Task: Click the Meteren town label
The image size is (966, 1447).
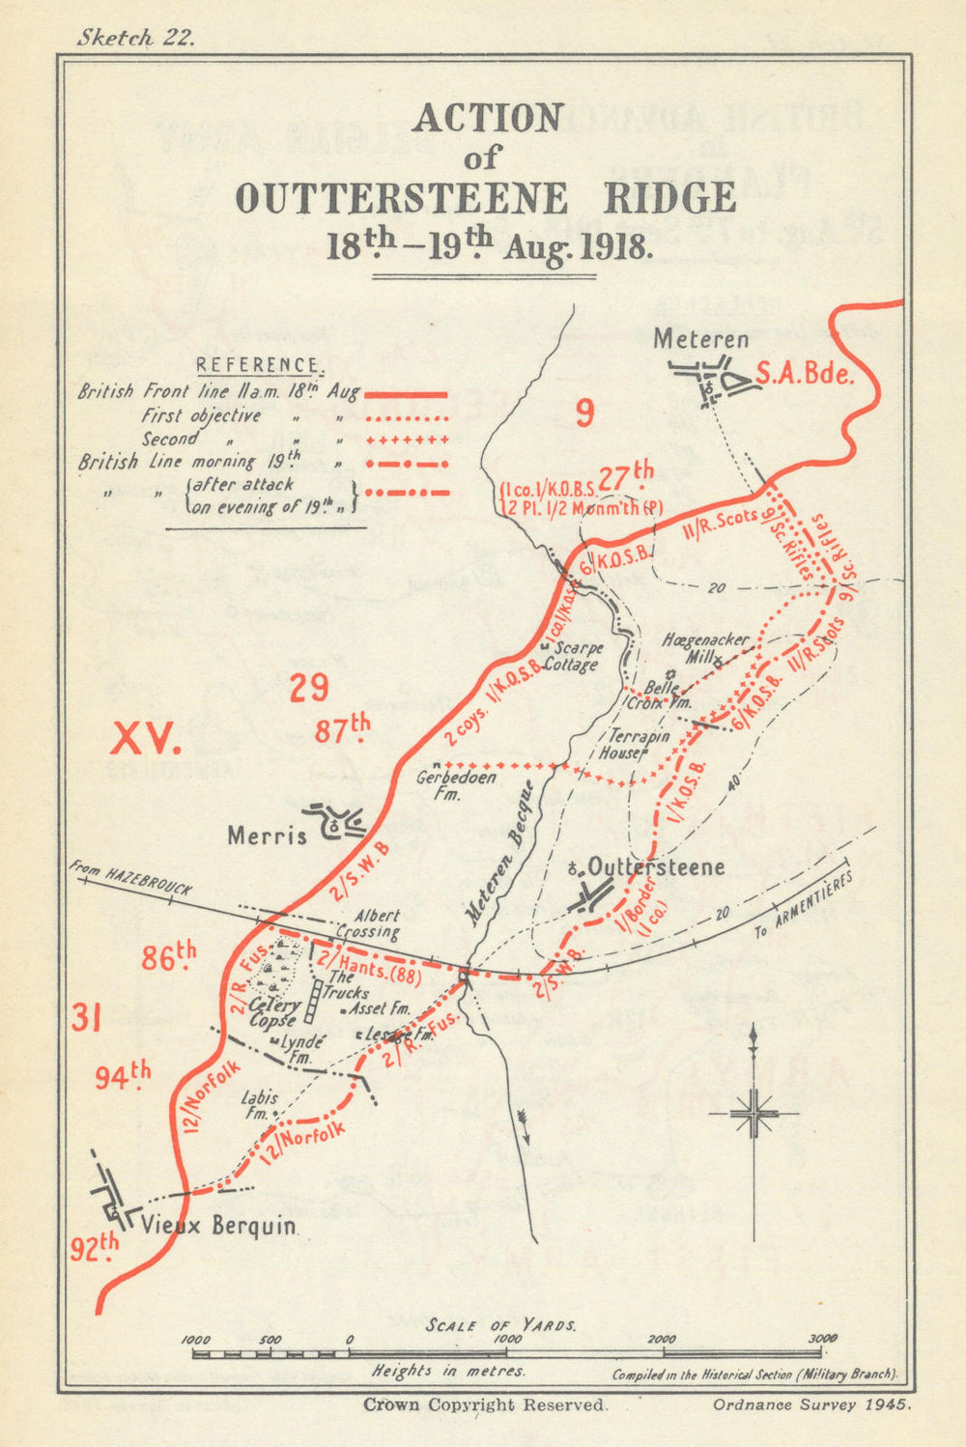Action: pos(701,339)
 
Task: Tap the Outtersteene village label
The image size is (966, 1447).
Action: pos(656,866)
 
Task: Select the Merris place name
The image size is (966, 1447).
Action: pos(267,835)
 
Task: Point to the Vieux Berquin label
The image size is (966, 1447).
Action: pos(218,1226)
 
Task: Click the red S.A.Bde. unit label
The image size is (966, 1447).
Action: pos(805,374)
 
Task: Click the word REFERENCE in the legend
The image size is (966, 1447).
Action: pos(257,365)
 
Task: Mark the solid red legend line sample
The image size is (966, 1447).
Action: pos(406,395)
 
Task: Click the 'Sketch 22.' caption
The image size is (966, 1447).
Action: pos(135,38)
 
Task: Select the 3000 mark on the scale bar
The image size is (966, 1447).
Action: pos(823,1339)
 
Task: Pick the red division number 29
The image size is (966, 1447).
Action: pos(309,688)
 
